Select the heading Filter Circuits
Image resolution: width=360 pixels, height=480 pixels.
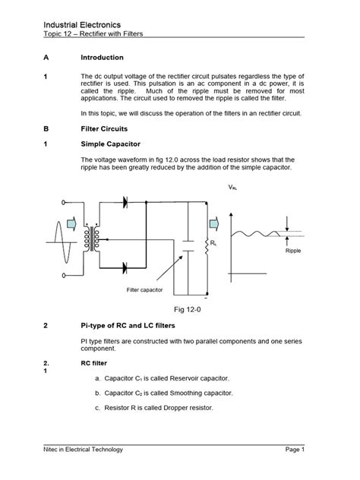[106, 129]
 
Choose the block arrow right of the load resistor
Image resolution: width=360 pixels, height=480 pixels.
[215, 221]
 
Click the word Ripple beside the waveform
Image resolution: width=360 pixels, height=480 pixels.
[294, 250]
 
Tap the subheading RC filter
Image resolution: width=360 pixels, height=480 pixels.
[94, 363]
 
